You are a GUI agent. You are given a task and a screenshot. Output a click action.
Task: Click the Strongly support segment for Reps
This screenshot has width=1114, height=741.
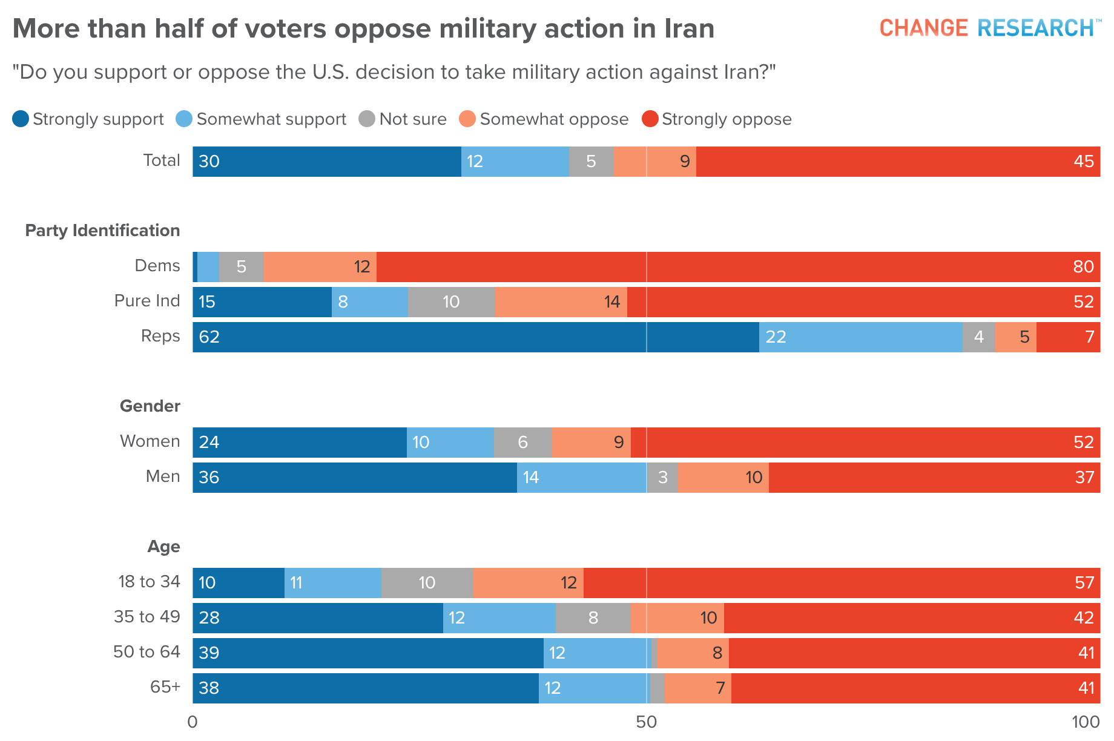pyautogui.click(x=476, y=337)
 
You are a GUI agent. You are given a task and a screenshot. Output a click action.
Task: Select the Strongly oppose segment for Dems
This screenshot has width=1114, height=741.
pyautogui.click(x=738, y=267)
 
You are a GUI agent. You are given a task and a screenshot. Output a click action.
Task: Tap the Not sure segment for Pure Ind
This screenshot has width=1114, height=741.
pyautogui.click(x=451, y=302)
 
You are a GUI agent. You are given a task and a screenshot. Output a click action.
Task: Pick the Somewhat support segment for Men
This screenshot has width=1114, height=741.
pyautogui.click(x=581, y=478)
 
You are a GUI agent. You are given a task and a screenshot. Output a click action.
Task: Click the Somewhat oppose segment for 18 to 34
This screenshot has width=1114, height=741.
pyautogui.click(x=528, y=583)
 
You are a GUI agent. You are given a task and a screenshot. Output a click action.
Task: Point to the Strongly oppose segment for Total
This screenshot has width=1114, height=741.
pyautogui.click(x=898, y=162)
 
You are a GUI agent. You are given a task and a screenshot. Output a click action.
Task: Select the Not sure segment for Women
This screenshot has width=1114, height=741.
pyautogui.click(x=522, y=443)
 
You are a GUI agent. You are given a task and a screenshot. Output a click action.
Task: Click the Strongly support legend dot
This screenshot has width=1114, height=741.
pyautogui.click(x=21, y=119)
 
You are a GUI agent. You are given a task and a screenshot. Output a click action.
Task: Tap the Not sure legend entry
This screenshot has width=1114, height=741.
pyautogui.click(x=403, y=119)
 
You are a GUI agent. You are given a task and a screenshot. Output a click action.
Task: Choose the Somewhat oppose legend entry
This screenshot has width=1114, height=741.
pyautogui.click(x=544, y=119)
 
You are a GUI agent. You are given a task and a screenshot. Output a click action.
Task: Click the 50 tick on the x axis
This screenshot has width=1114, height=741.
pyautogui.click(x=647, y=722)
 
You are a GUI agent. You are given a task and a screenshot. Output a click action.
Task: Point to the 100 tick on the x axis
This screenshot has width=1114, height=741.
pyautogui.click(x=1086, y=722)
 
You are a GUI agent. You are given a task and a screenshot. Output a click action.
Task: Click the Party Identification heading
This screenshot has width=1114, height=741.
pyautogui.click(x=102, y=231)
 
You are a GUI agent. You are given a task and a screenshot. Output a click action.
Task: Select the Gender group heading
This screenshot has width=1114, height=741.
pyautogui.click(x=150, y=406)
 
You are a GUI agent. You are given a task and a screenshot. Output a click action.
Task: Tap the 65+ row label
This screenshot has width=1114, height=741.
pyautogui.click(x=165, y=687)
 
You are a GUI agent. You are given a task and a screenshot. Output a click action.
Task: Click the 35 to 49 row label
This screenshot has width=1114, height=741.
pyautogui.click(x=147, y=617)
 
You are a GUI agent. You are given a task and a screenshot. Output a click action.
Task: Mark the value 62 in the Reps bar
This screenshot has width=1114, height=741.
pyautogui.click(x=209, y=337)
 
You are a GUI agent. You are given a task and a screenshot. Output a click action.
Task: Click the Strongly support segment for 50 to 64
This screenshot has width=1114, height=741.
pyautogui.click(x=368, y=653)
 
